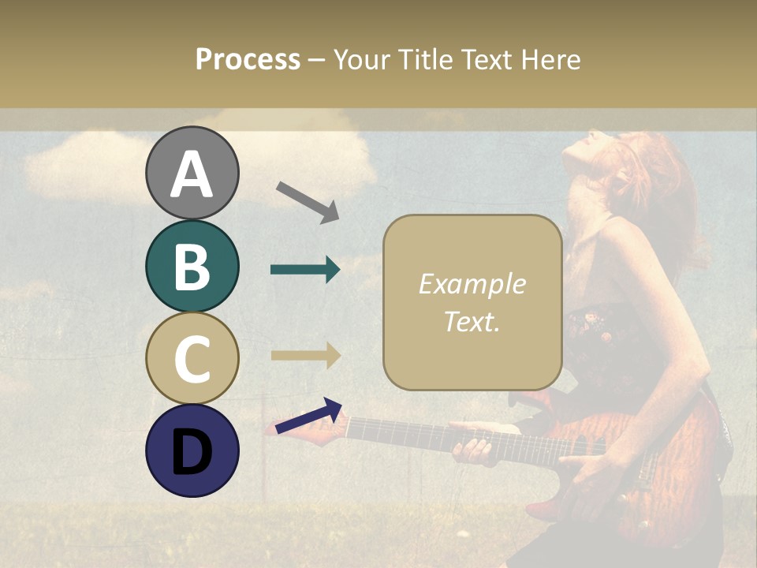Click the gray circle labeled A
(x=192, y=173)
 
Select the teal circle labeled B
(x=192, y=266)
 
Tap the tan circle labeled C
(x=192, y=358)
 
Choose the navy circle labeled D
(x=192, y=450)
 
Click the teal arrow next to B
(x=305, y=270)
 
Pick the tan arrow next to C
(x=306, y=355)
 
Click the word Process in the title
(x=248, y=60)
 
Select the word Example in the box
(x=472, y=285)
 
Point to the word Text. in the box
(x=472, y=322)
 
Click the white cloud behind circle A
(x=87, y=166)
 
